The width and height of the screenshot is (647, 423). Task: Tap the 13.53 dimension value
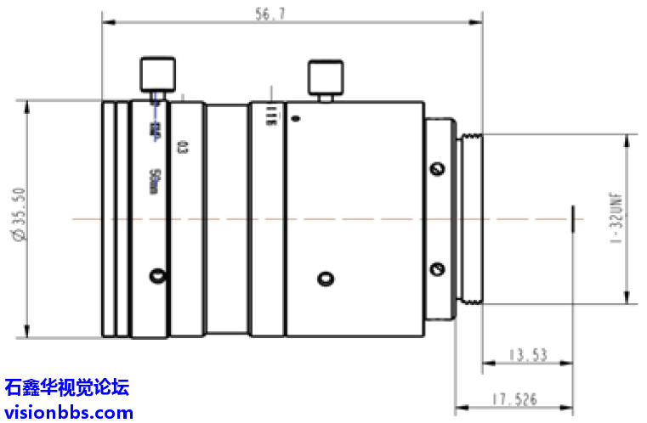(527, 354)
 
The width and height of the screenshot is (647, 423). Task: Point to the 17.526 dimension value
(515, 398)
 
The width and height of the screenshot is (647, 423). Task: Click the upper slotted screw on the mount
(438, 169)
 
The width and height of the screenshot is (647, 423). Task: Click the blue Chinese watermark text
(66, 388)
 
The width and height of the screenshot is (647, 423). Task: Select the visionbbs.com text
(68, 413)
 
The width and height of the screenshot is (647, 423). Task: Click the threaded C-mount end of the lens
(470, 218)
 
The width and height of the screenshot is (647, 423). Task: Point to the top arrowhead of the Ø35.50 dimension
(27, 105)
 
